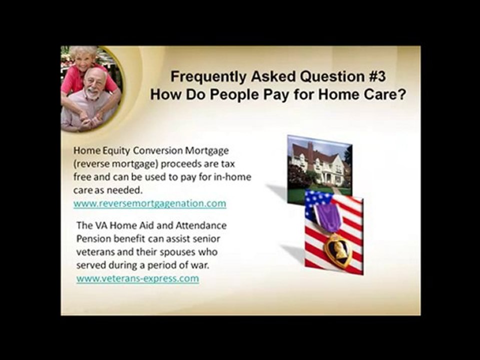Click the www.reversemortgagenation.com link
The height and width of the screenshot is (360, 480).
149,203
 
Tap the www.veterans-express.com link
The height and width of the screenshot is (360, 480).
137,278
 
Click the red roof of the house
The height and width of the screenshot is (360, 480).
307,150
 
